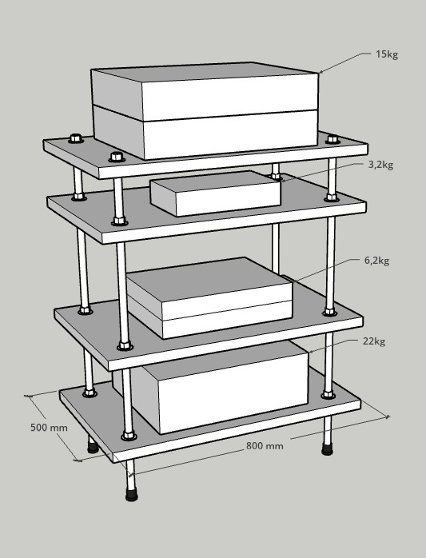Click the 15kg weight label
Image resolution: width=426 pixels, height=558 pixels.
(387, 54)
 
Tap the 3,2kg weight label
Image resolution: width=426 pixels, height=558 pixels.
(380, 165)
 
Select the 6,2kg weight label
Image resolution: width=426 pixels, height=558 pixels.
(376, 261)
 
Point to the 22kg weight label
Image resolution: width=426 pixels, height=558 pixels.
(374, 341)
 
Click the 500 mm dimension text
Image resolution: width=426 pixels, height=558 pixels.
(49, 428)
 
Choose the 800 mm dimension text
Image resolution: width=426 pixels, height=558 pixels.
(265, 446)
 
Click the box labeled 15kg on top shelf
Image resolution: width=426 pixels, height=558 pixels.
(205, 110)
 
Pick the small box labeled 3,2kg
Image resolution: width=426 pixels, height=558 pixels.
(215, 193)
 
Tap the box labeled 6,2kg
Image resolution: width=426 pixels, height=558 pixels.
(209, 298)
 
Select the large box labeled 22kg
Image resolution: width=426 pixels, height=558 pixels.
(210, 387)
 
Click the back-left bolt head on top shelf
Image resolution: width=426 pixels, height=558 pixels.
(76, 138)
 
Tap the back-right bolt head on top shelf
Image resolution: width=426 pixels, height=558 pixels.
(332, 139)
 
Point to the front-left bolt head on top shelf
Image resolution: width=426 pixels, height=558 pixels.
(117, 157)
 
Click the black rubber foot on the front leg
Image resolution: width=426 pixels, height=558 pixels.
(132, 495)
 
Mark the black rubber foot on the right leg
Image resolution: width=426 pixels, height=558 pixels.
(327, 449)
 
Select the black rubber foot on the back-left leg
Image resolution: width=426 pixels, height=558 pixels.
(93, 447)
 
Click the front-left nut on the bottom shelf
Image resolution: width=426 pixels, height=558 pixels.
(129, 436)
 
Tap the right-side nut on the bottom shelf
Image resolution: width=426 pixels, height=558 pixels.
(328, 395)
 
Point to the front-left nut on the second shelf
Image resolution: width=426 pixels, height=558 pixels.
(120, 221)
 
